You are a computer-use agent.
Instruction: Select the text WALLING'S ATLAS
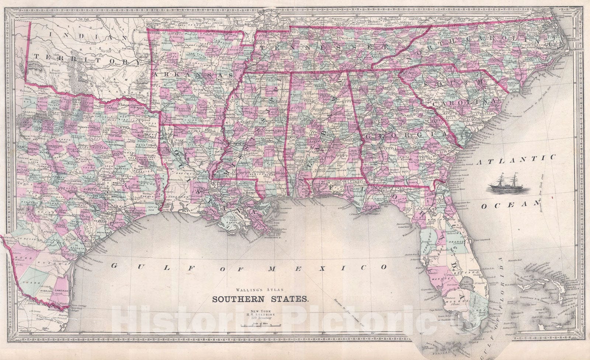tap(258, 290)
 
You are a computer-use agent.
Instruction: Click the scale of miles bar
tap(260, 326)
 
